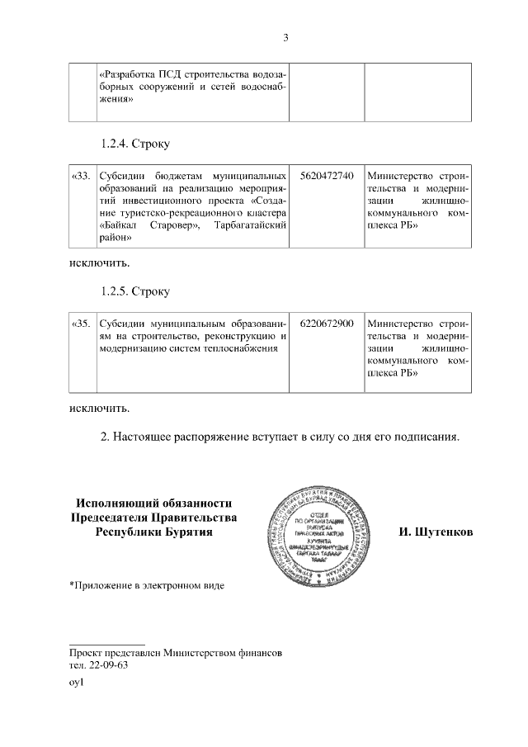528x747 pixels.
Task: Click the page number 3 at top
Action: [285, 37]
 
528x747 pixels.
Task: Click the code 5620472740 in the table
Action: [328, 176]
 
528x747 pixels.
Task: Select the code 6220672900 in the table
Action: [328, 324]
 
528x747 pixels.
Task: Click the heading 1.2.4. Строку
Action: [135, 144]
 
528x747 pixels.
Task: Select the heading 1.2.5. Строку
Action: [135, 291]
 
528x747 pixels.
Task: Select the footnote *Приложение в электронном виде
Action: [146, 586]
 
